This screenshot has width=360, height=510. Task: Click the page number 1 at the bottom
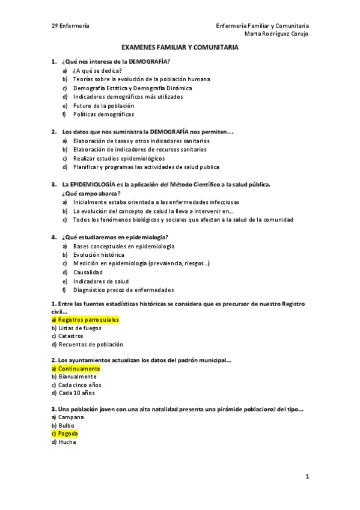coord(307,477)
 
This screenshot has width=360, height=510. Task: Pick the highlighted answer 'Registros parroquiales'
coord(88,320)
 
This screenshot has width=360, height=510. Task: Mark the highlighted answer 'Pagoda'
coord(68,433)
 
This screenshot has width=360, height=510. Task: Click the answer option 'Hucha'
coord(67,441)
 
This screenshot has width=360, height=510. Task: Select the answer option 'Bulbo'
coord(67,425)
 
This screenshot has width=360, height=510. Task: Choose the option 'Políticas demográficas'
coord(103,114)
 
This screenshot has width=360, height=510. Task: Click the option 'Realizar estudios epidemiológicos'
coord(119,158)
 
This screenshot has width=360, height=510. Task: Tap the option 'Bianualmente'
coord(78,376)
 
